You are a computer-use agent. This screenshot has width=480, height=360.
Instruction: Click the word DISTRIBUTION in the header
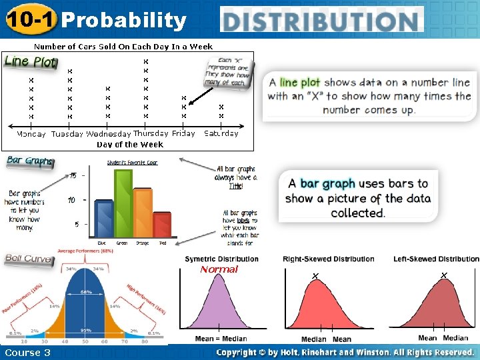(322, 20)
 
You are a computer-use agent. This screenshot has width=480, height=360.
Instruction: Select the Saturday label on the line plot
(221, 133)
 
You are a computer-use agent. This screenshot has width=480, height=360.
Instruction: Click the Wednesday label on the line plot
(108, 133)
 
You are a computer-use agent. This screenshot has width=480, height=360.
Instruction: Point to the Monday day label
(31, 133)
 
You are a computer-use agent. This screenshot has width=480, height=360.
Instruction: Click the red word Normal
(219, 269)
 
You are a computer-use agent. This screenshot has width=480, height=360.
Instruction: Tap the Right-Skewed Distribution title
(328, 259)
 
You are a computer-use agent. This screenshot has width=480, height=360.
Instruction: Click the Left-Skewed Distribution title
(436, 259)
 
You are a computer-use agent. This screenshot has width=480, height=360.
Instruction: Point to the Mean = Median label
(221, 339)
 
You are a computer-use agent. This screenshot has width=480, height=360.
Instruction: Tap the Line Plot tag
(31, 61)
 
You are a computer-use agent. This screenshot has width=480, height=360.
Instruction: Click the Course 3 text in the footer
(27, 352)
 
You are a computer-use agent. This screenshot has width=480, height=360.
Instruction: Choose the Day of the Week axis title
(129, 144)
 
